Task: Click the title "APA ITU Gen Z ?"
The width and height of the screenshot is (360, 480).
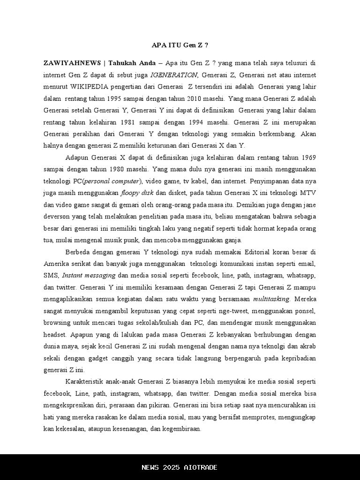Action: pos(180,45)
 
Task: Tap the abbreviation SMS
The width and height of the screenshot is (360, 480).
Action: pos(51,276)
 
